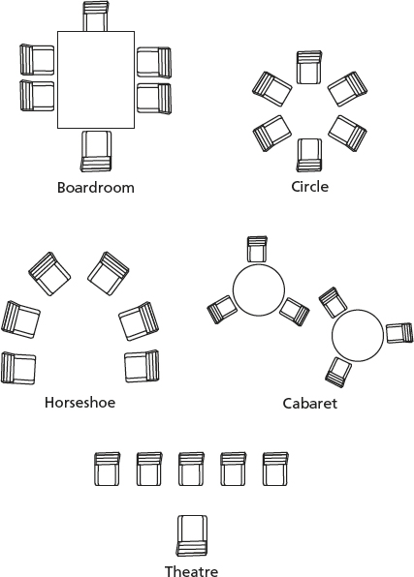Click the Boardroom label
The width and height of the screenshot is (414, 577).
(95, 188)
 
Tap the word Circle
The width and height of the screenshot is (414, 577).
(309, 187)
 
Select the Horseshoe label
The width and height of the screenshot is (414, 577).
(80, 402)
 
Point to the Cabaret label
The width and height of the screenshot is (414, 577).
(309, 404)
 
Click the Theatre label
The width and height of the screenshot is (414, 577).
(191, 571)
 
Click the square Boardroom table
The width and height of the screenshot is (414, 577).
(96, 79)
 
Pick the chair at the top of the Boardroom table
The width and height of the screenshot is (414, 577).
(96, 16)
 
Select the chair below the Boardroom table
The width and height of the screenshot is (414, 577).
(96, 151)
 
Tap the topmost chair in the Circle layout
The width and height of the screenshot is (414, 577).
(309, 68)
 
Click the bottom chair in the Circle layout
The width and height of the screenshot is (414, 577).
(309, 155)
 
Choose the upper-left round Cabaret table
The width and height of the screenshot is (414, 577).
(259, 289)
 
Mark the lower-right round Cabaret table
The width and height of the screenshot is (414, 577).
(358, 335)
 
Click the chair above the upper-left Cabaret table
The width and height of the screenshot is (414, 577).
(257, 249)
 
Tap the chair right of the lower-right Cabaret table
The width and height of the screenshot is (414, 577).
(399, 333)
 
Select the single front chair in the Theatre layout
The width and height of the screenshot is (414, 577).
(192, 535)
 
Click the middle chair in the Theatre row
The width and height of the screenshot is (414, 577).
(191, 470)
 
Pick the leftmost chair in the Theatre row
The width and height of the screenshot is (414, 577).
(108, 470)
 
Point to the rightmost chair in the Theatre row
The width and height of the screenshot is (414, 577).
(275, 470)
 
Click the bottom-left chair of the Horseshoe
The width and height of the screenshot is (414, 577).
(18, 368)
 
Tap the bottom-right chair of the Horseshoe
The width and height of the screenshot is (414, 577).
(142, 367)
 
